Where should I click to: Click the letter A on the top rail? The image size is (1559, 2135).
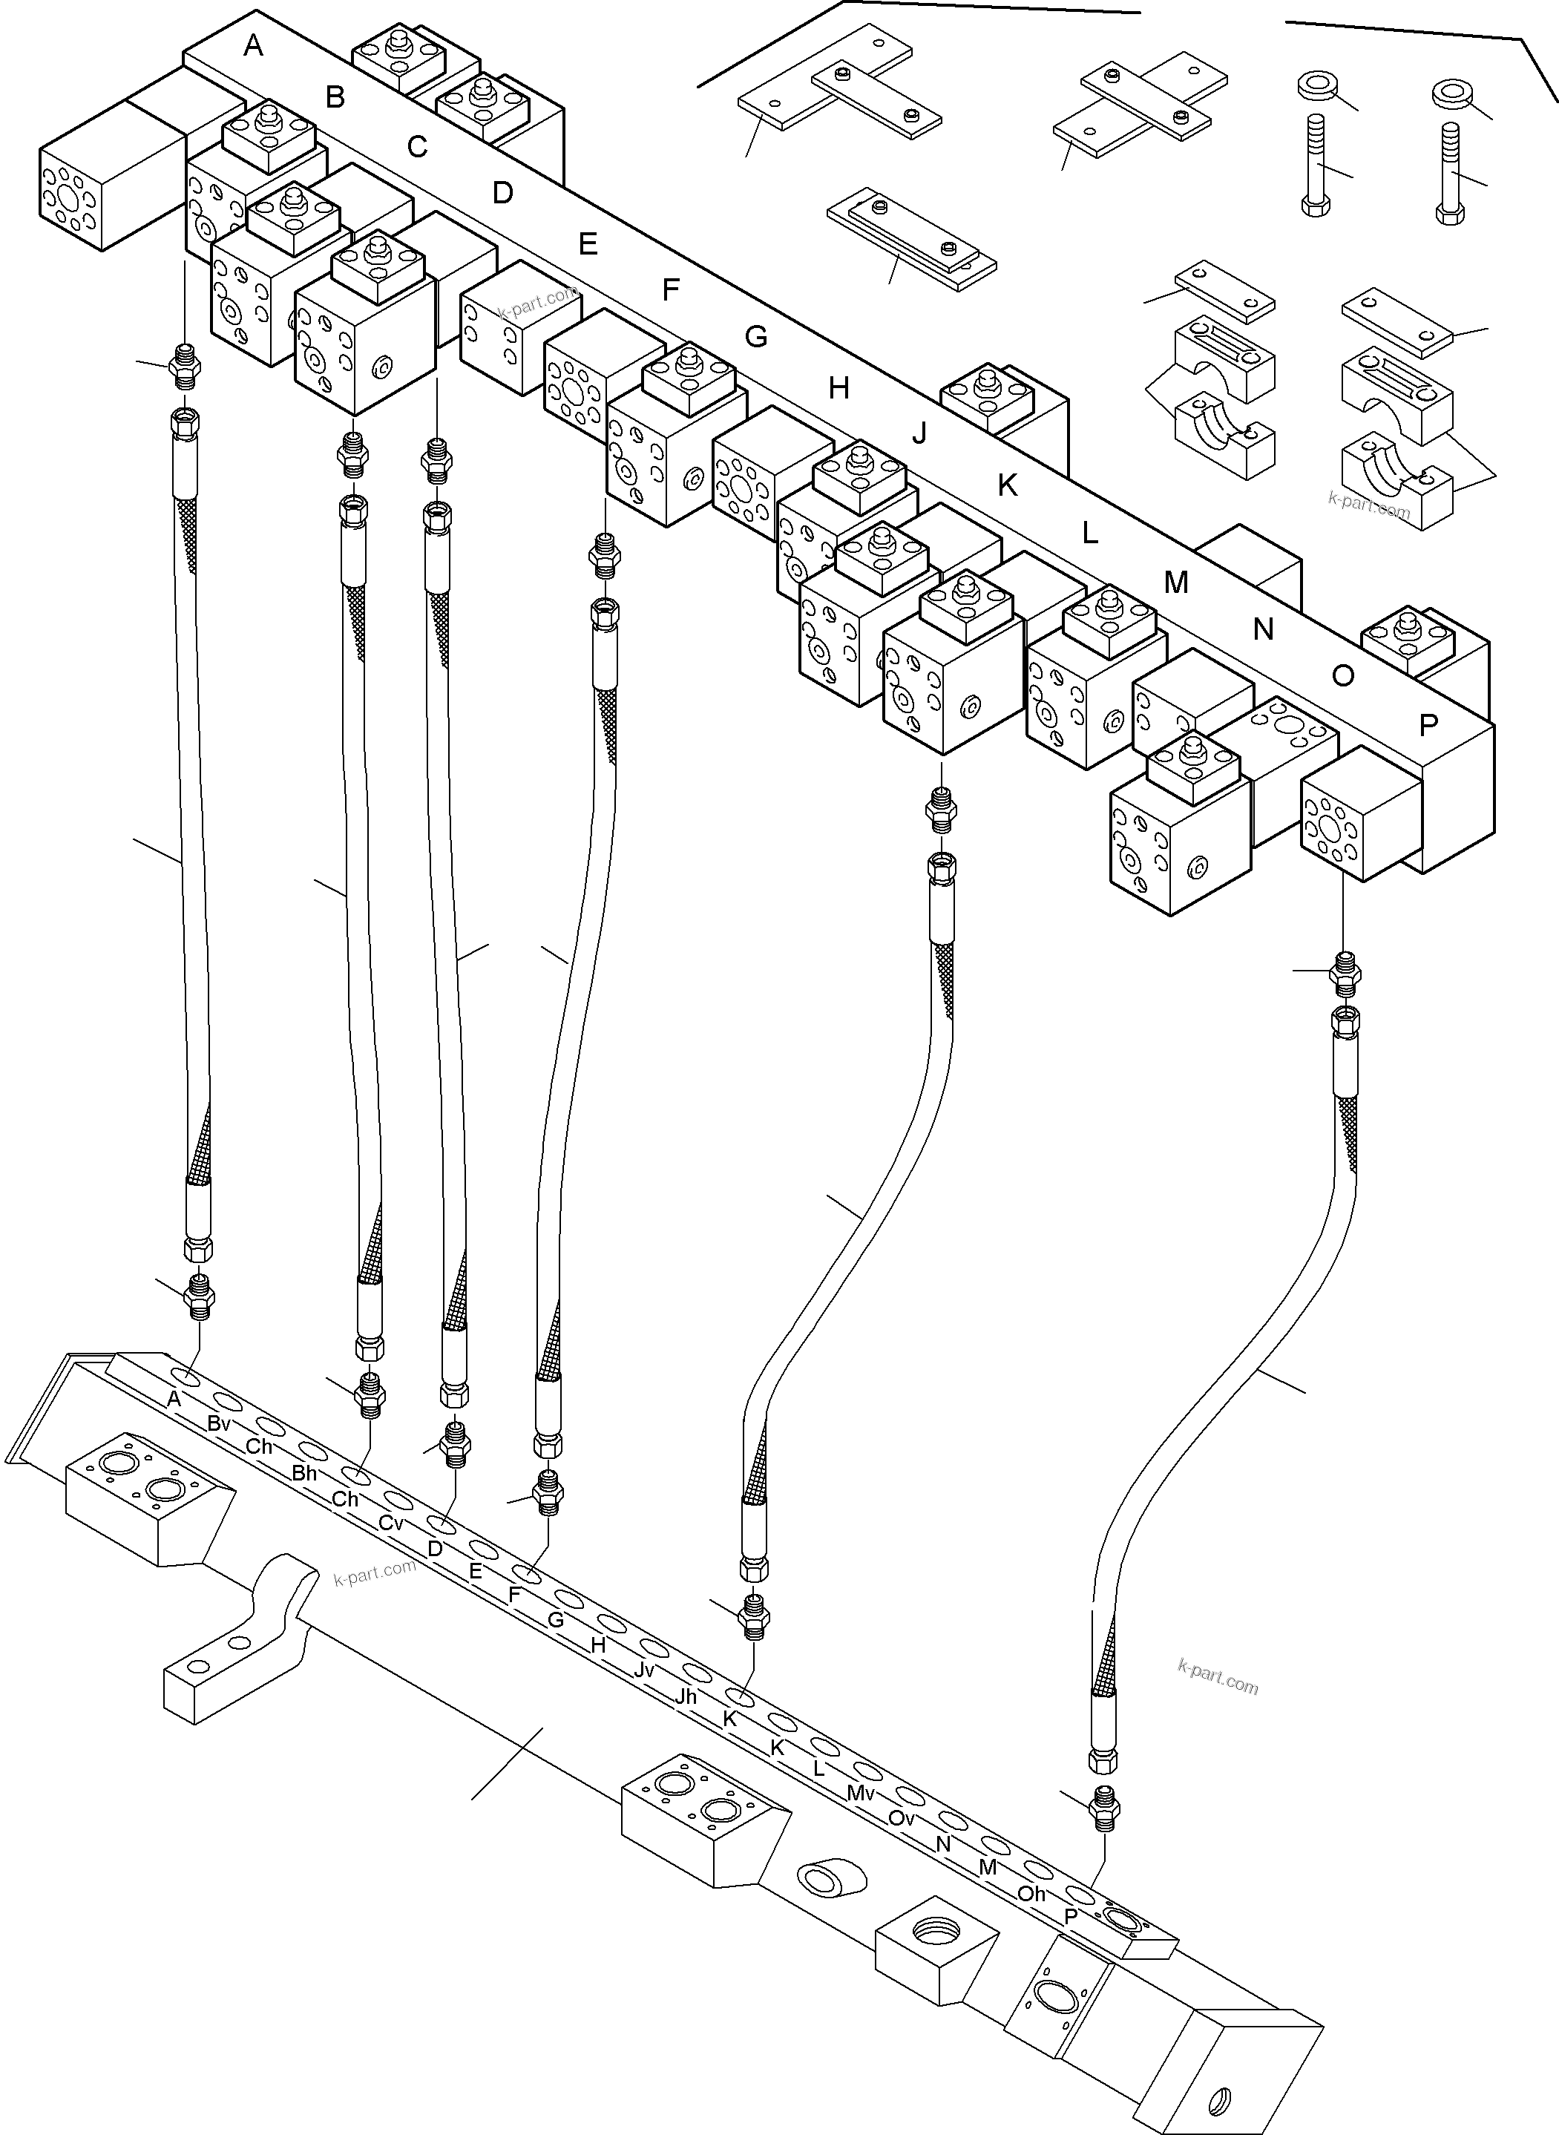coord(252,45)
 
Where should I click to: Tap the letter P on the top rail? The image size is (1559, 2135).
coord(1428,725)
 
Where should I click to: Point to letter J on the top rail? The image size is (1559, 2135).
coord(919,433)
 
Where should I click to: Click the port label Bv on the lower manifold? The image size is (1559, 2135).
coord(219,1424)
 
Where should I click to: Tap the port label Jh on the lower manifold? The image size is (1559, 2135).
coord(686,1696)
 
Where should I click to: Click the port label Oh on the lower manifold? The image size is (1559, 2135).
coord(1031,1893)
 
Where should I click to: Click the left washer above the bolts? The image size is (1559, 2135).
coord(1316,87)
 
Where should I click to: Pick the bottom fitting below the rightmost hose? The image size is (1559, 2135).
coord(1103,1806)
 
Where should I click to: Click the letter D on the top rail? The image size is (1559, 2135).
coord(502,194)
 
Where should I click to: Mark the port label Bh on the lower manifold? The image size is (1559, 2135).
coord(304,1472)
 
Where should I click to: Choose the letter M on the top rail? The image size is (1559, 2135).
coord(1175,583)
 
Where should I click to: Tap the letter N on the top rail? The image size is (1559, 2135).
coord(1263,629)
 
